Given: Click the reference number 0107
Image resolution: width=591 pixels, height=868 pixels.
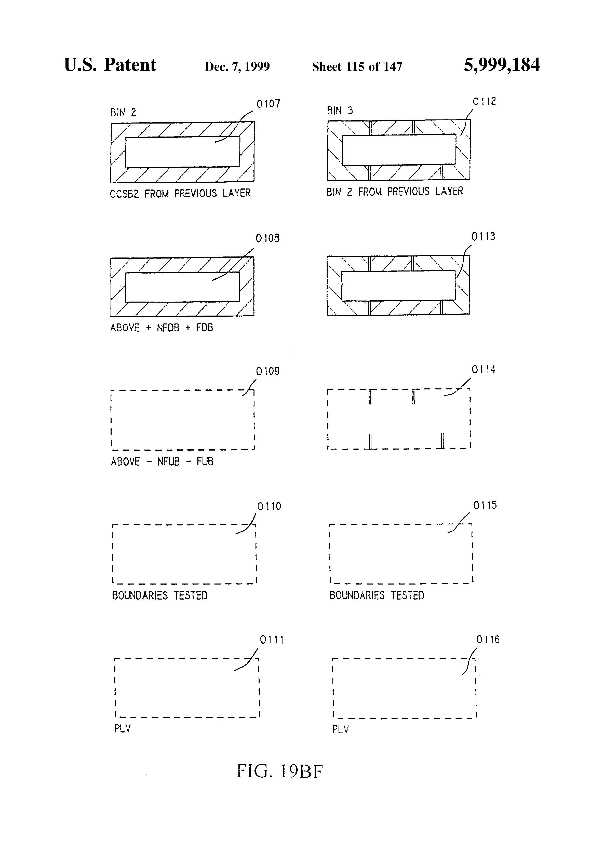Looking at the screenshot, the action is pyautogui.click(x=268, y=104).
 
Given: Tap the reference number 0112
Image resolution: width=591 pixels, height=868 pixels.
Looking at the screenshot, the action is pyautogui.click(x=484, y=102).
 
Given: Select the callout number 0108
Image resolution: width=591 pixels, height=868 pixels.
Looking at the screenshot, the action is pyautogui.click(x=267, y=238).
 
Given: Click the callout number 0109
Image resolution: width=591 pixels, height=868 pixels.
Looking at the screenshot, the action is pyautogui.click(x=267, y=371).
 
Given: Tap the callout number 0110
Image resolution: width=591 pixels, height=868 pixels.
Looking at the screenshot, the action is pyautogui.click(x=269, y=506).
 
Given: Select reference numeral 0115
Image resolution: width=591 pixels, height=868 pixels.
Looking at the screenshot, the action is pyautogui.click(x=485, y=505).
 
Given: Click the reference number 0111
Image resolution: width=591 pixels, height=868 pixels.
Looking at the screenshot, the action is pyautogui.click(x=272, y=640).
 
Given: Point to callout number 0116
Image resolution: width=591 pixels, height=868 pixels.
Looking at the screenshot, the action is pyautogui.click(x=488, y=640).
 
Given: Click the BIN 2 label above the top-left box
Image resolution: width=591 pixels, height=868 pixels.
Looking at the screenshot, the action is pyautogui.click(x=123, y=112).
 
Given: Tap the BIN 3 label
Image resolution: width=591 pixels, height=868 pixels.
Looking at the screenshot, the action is pyautogui.click(x=340, y=111).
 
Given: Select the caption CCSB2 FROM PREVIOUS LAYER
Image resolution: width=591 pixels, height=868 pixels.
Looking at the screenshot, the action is pyautogui.click(x=180, y=194).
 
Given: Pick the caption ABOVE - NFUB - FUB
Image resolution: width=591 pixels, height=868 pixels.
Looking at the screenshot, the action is pyautogui.click(x=162, y=462).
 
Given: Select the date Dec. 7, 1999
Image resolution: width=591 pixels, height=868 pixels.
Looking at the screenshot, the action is pyautogui.click(x=237, y=67).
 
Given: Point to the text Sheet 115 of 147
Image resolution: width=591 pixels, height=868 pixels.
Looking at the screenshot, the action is pyautogui.click(x=357, y=67).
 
